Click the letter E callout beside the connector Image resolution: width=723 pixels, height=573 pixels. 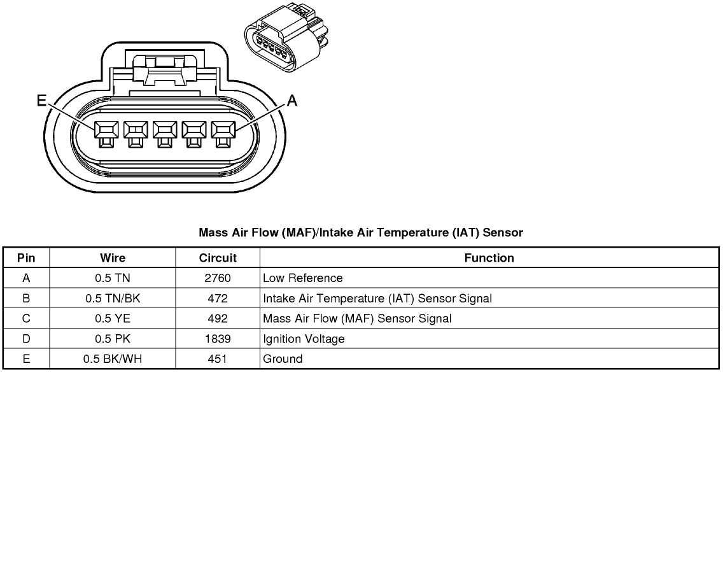pos(42,100)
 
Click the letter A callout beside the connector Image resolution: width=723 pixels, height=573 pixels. pos(292,101)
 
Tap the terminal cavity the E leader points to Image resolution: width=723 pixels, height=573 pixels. pos(106,134)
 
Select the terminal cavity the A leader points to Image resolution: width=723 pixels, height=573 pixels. pos(223,134)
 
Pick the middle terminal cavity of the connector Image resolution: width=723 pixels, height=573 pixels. pos(165,134)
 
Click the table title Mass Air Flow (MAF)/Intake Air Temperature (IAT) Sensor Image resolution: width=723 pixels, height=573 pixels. pos(361,232)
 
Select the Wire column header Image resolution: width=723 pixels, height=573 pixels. pos(113,258)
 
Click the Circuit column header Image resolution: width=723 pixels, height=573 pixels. pos(218,258)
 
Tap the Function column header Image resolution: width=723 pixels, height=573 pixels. pos(489,258)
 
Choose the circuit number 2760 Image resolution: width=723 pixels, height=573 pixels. pos(218,278)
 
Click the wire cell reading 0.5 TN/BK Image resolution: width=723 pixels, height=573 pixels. pos(113,299)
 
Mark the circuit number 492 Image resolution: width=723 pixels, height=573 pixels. pos(218,319)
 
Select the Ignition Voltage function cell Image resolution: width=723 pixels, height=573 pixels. pos(304,339)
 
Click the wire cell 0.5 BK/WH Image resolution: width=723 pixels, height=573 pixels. pos(113,359)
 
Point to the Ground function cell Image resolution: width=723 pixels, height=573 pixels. pos(283,359)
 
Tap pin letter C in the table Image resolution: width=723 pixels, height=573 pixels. pos(26,319)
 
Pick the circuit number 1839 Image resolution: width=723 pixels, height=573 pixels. pos(218,339)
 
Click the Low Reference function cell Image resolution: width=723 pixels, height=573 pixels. pos(302,278)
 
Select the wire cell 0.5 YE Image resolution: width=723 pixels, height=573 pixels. pos(113,319)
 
